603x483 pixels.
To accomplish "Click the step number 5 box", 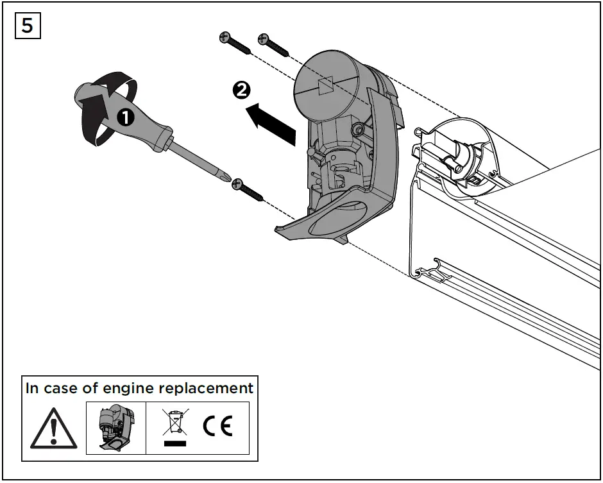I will tap(27, 25).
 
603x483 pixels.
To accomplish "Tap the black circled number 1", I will tap(124, 117).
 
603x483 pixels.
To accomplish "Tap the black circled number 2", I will tap(241, 91).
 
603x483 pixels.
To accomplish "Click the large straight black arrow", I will tap(272, 123).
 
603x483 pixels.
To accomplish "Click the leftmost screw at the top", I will tap(235, 43).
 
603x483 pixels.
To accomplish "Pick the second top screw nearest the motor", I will tap(273, 44).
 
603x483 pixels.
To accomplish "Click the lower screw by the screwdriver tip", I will tap(249, 190).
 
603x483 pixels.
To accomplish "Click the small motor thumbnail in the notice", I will tap(115, 428).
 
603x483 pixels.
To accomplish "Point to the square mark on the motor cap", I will tap(325, 86).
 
